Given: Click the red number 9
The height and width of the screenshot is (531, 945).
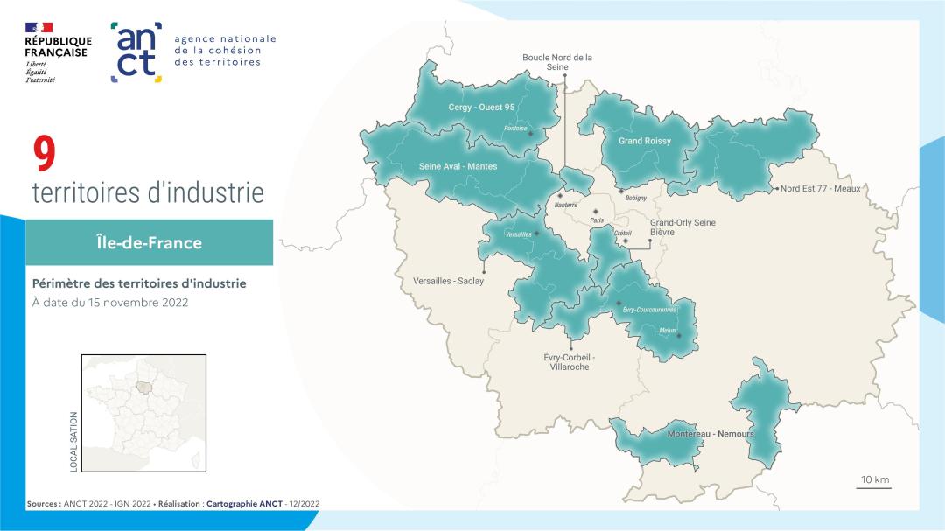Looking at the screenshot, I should pyautogui.click(x=45, y=155).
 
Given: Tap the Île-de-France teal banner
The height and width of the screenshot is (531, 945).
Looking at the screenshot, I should pyautogui.click(x=149, y=242).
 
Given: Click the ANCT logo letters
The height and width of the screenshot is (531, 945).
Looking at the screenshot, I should pyautogui.click(x=136, y=52).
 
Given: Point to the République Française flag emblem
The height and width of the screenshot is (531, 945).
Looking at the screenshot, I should pyautogui.click(x=39, y=28).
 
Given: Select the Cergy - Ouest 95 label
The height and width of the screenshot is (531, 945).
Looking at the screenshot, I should pyautogui.click(x=481, y=108).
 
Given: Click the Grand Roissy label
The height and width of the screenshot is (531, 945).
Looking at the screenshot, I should pyautogui.click(x=645, y=141).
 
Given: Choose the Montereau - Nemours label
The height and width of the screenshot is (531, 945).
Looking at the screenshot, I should pyautogui.click(x=710, y=434).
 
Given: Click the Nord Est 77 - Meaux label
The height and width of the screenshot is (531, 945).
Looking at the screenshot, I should pyautogui.click(x=820, y=188).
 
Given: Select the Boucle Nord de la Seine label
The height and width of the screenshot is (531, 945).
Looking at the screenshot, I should pyautogui.click(x=557, y=62).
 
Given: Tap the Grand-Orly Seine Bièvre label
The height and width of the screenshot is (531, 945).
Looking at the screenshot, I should pyautogui.click(x=682, y=228).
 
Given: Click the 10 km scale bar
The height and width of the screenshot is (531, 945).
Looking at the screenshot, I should pyautogui.click(x=874, y=486).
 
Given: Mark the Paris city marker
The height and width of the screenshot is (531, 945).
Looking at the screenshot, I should pyautogui.click(x=596, y=212).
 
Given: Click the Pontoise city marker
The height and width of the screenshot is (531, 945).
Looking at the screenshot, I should pyautogui.click(x=530, y=134).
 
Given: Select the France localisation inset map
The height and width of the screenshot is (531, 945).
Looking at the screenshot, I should pyautogui.click(x=143, y=413).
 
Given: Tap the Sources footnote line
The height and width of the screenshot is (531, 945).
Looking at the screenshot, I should pyautogui.click(x=173, y=504).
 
